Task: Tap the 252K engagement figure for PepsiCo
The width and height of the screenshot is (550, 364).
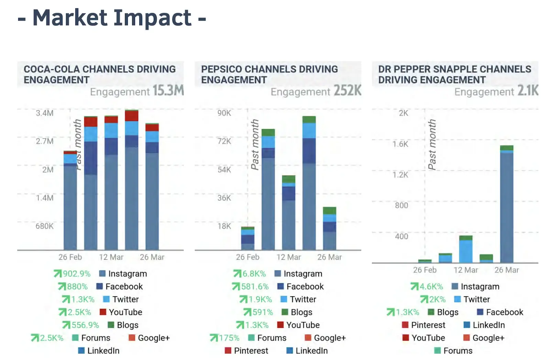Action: [x=348, y=90]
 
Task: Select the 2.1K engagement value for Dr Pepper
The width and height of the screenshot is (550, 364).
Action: [x=528, y=90]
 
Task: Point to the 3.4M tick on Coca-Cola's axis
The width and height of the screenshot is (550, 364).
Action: [x=45, y=113]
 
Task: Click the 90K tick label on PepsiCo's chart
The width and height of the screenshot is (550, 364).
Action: [x=224, y=113]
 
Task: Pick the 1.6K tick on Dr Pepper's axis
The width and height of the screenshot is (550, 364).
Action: [x=400, y=144]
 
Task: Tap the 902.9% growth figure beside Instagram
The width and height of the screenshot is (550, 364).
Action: [x=76, y=274]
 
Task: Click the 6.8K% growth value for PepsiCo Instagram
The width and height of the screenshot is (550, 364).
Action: [x=254, y=274]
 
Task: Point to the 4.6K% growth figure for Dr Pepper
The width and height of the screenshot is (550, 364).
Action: [x=431, y=286]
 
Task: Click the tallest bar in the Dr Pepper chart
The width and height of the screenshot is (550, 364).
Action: [x=506, y=206]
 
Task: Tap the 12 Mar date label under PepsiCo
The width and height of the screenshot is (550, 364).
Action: [x=288, y=257]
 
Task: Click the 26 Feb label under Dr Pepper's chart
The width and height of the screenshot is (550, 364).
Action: [x=425, y=270]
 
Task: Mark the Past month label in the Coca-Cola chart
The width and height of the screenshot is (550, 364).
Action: [x=78, y=144]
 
